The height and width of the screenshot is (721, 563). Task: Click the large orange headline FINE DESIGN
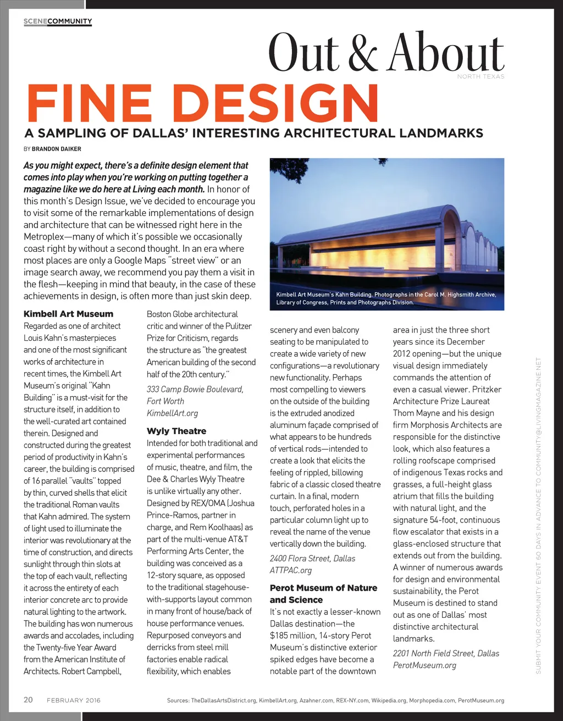pyautogui.click(x=202, y=104)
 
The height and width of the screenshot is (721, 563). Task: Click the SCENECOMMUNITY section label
pyautogui.click(x=58, y=21)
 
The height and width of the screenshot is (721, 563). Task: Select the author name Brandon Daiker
pyautogui.click(x=57, y=149)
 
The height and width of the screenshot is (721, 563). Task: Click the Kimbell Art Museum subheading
pyautogui.click(x=68, y=314)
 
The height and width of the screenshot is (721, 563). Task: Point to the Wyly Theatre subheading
pyautogui.click(x=176, y=431)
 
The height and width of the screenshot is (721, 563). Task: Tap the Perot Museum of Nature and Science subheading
pyautogui.click(x=323, y=594)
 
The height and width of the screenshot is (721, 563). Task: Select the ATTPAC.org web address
pyautogui.click(x=291, y=570)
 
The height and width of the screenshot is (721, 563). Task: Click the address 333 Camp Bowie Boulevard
pyautogui.click(x=195, y=389)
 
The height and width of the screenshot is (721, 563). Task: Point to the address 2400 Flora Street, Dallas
pyautogui.click(x=312, y=558)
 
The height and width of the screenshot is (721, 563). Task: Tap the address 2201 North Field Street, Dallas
pyautogui.click(x=446, y=653)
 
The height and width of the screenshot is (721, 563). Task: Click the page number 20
pyautogui.click(x=28, y=700)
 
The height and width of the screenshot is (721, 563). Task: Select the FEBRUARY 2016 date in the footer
pyautogui.click(x=74, y=700)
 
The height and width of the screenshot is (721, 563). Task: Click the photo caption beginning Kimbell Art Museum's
pyautogui.click(x=386, y=298)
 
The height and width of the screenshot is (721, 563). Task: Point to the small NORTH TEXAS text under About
pyautogui.click(x=481, y=76)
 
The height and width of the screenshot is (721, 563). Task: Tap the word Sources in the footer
pyautogui.click(x=178, y=701)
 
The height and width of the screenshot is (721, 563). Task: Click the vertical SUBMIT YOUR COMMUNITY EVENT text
pyautogui.click(x=539, y=515)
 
